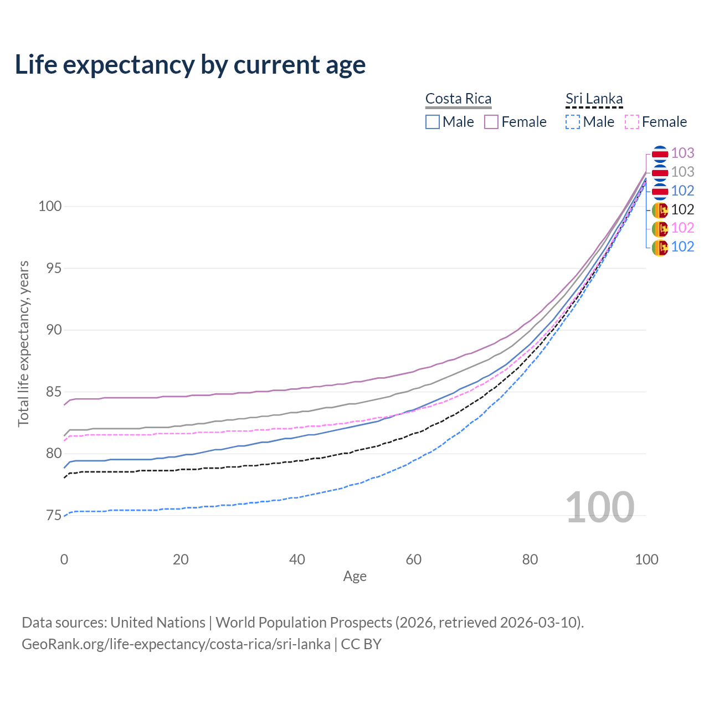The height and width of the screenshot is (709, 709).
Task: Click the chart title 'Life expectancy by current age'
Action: click(x=190, y=65)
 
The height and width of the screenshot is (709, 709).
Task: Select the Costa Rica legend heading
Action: click(x=458, y=99)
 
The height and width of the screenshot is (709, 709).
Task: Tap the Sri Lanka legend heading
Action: click(x=594, y=99)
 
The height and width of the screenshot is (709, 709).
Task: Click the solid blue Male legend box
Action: click(x=433, y=122)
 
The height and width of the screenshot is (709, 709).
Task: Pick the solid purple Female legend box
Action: click(x=491, y=122)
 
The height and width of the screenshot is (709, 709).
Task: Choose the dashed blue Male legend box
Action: click(x=573, y=122)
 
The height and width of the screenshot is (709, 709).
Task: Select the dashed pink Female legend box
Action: click(x=631, y=122)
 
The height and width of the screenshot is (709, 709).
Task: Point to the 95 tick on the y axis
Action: click(x=50, y=269)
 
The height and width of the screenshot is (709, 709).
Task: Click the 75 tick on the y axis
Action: click(x=50, y=516)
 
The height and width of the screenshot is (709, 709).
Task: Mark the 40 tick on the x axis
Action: click(x=297, y=559)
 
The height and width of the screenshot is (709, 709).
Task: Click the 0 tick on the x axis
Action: click(x=64, y=559)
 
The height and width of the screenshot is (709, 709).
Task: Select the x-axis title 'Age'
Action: click(x=354, y=577)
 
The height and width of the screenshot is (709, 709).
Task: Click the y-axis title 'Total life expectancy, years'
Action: click(x=23, y=343)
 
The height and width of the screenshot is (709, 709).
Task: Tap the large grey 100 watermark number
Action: click(x=600, y=507)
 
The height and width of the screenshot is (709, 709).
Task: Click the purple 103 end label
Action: click(x=682, y=153)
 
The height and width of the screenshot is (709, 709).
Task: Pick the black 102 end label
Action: click(x=682, y=209)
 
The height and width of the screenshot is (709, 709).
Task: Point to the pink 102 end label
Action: click(x=682, y=228)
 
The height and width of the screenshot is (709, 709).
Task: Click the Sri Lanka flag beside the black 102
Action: click(x=660, y=210)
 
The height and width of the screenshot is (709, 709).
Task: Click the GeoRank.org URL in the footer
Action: click(x=176, y=644)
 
